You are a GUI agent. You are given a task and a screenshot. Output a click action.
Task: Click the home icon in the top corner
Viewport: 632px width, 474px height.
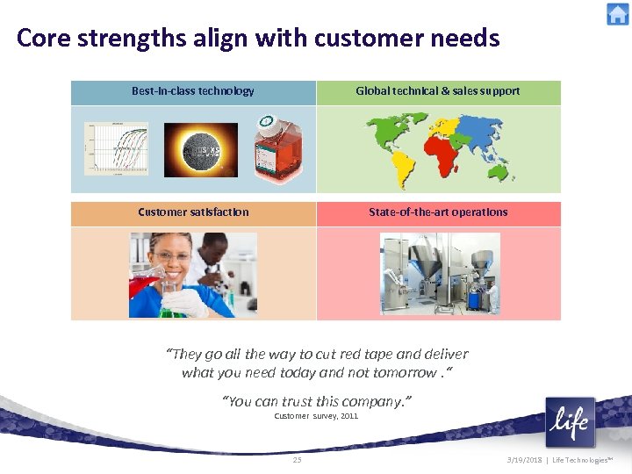(618, 14)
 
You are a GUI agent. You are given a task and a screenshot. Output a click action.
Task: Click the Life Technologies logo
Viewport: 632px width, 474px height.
(570, 423)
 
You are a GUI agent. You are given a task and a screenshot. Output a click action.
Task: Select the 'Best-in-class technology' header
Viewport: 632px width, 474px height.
(193, 91)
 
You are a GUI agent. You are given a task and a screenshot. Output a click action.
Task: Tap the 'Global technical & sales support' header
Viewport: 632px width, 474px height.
(437, 91)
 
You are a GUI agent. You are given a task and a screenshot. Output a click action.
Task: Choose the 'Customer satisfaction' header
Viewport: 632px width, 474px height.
(193, 212)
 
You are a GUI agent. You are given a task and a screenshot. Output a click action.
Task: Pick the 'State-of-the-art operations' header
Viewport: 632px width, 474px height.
(438, 212)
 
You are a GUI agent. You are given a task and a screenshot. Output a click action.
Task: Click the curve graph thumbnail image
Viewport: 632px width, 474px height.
(116, 148)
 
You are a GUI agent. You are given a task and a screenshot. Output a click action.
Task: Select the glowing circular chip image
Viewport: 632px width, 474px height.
(201, 148)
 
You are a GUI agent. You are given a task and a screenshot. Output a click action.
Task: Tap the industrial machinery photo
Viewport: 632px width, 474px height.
(439, 274)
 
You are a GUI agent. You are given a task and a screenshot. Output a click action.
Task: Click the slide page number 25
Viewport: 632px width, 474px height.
(297, 460)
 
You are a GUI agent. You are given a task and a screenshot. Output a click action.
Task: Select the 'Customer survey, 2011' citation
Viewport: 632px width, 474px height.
(316, 416)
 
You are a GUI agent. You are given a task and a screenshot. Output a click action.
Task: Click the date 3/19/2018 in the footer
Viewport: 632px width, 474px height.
(525, 460)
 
